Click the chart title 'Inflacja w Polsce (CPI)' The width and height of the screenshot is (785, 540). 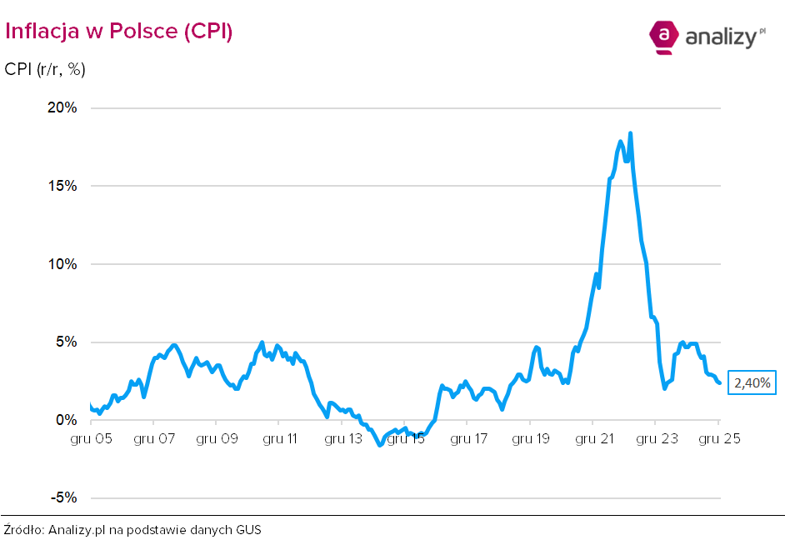click(118, 31)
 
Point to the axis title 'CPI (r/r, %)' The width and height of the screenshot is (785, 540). click(45, 69)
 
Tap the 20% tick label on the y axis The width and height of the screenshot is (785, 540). click(62, 107)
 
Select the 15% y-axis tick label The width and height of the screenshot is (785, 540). click(62, 186)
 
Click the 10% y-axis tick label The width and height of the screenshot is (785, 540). click(62, 264)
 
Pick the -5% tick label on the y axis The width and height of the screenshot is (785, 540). click(63, 498)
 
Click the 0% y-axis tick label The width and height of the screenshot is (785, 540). click(66, 420)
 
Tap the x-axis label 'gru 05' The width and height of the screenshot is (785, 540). click(92, 438)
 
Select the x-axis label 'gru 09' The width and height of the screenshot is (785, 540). click(216, 438)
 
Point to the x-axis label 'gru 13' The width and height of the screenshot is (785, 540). click(342, 438)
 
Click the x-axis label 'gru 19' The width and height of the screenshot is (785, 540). click(530, 438)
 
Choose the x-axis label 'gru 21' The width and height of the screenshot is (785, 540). click(592, 438)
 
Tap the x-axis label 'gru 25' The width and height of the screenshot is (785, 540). click(718, 438)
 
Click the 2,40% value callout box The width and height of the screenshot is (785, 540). click(752, 382)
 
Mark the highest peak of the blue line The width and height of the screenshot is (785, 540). click(630, 133)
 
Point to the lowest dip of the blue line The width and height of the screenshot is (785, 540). click(380, 445)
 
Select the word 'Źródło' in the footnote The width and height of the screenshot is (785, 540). click(23, 529)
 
